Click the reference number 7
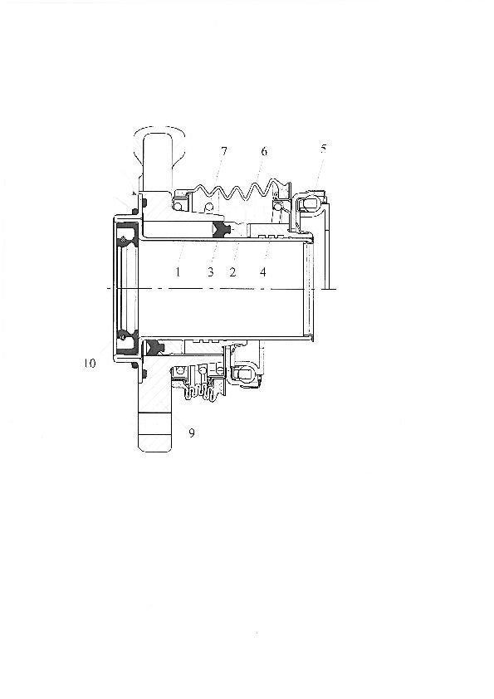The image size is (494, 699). point(223,152)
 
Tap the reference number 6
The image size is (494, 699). point(264,152)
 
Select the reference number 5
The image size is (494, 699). point(323,149)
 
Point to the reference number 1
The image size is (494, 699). point(178,271)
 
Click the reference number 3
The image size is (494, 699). point(211,271)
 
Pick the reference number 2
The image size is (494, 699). point(232,271)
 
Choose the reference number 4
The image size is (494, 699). point(262,271)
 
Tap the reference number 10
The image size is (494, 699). point(90,364)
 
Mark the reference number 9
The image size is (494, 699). point(192,433)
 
